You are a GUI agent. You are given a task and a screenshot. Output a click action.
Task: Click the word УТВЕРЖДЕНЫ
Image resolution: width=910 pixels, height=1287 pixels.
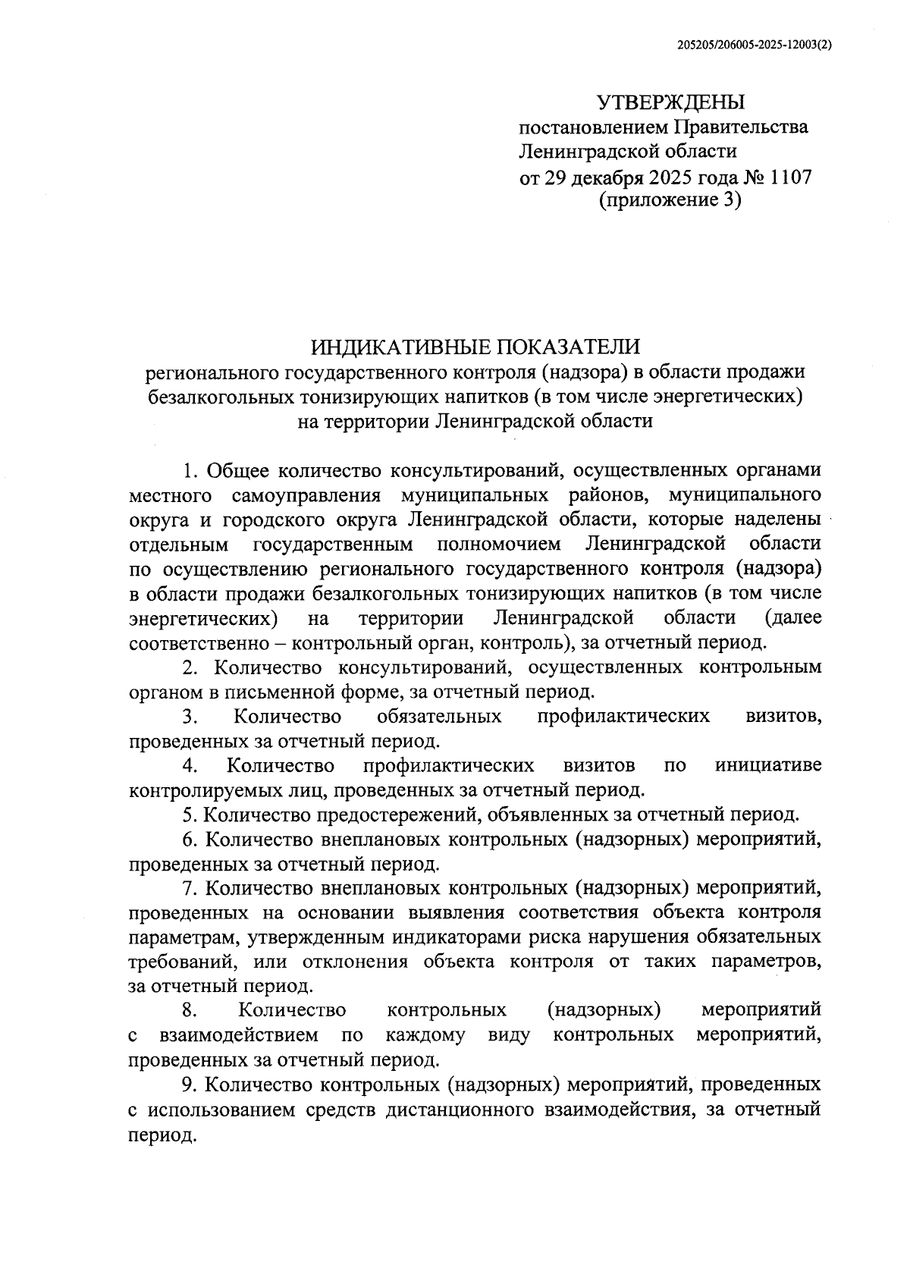coord(671,102)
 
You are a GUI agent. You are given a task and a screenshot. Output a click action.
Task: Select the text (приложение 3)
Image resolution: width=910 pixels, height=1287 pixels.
coord(670,201)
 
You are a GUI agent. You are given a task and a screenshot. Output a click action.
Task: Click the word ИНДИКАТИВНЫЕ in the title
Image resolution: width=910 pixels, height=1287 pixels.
coord(400,347)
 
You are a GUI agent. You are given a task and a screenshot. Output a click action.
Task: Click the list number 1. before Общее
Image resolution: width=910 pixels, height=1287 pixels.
coord(191,470)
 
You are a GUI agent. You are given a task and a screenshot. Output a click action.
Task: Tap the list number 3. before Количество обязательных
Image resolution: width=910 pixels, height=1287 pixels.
coord(190,716)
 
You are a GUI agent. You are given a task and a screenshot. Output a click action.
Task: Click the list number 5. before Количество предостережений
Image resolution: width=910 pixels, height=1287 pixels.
coord(190,815)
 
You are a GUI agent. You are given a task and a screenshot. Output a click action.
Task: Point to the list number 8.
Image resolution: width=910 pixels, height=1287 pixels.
coord(190,1010)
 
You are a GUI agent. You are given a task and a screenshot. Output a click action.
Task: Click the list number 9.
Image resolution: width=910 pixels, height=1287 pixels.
coord(190,1085)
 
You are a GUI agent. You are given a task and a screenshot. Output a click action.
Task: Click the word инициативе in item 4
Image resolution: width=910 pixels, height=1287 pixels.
coord(767,765)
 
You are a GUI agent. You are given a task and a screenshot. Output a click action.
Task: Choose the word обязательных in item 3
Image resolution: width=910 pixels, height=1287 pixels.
coord(438,716)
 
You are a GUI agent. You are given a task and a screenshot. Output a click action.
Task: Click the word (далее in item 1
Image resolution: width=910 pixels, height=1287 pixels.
coord(793,617)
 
